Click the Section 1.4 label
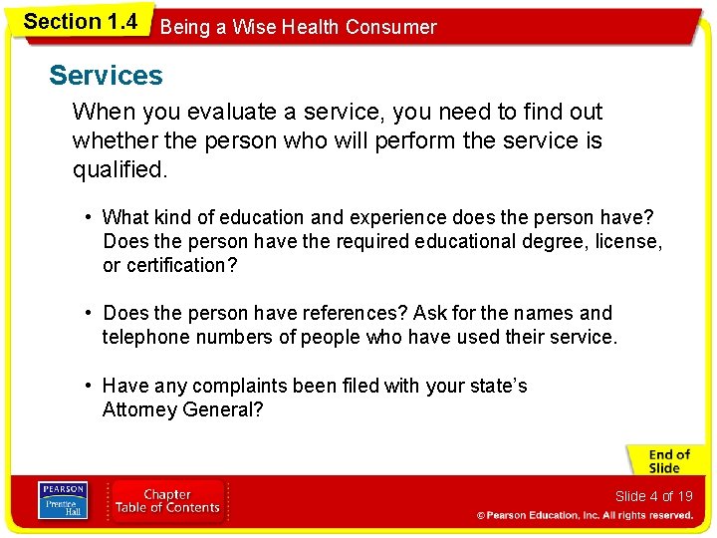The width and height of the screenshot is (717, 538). [80, 22]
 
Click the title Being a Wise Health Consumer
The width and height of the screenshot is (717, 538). [298, 27]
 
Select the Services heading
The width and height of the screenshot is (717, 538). [106, 76]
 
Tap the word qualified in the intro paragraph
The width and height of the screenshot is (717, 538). [118, 170]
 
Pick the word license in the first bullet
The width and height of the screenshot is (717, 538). [629, 241]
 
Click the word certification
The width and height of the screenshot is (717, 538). [180, 265]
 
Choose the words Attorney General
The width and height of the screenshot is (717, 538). [182, 409]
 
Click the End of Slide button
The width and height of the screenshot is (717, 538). [666, 461]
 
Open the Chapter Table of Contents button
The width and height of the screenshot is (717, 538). [167, 500]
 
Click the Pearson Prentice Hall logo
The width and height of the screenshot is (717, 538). [62, 501]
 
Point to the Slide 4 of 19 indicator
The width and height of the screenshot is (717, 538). [653, 496]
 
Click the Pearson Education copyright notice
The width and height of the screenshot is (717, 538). [585, 515]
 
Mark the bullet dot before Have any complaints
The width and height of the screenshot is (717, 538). [90, 386]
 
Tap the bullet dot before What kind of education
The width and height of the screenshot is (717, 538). [90, 217]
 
